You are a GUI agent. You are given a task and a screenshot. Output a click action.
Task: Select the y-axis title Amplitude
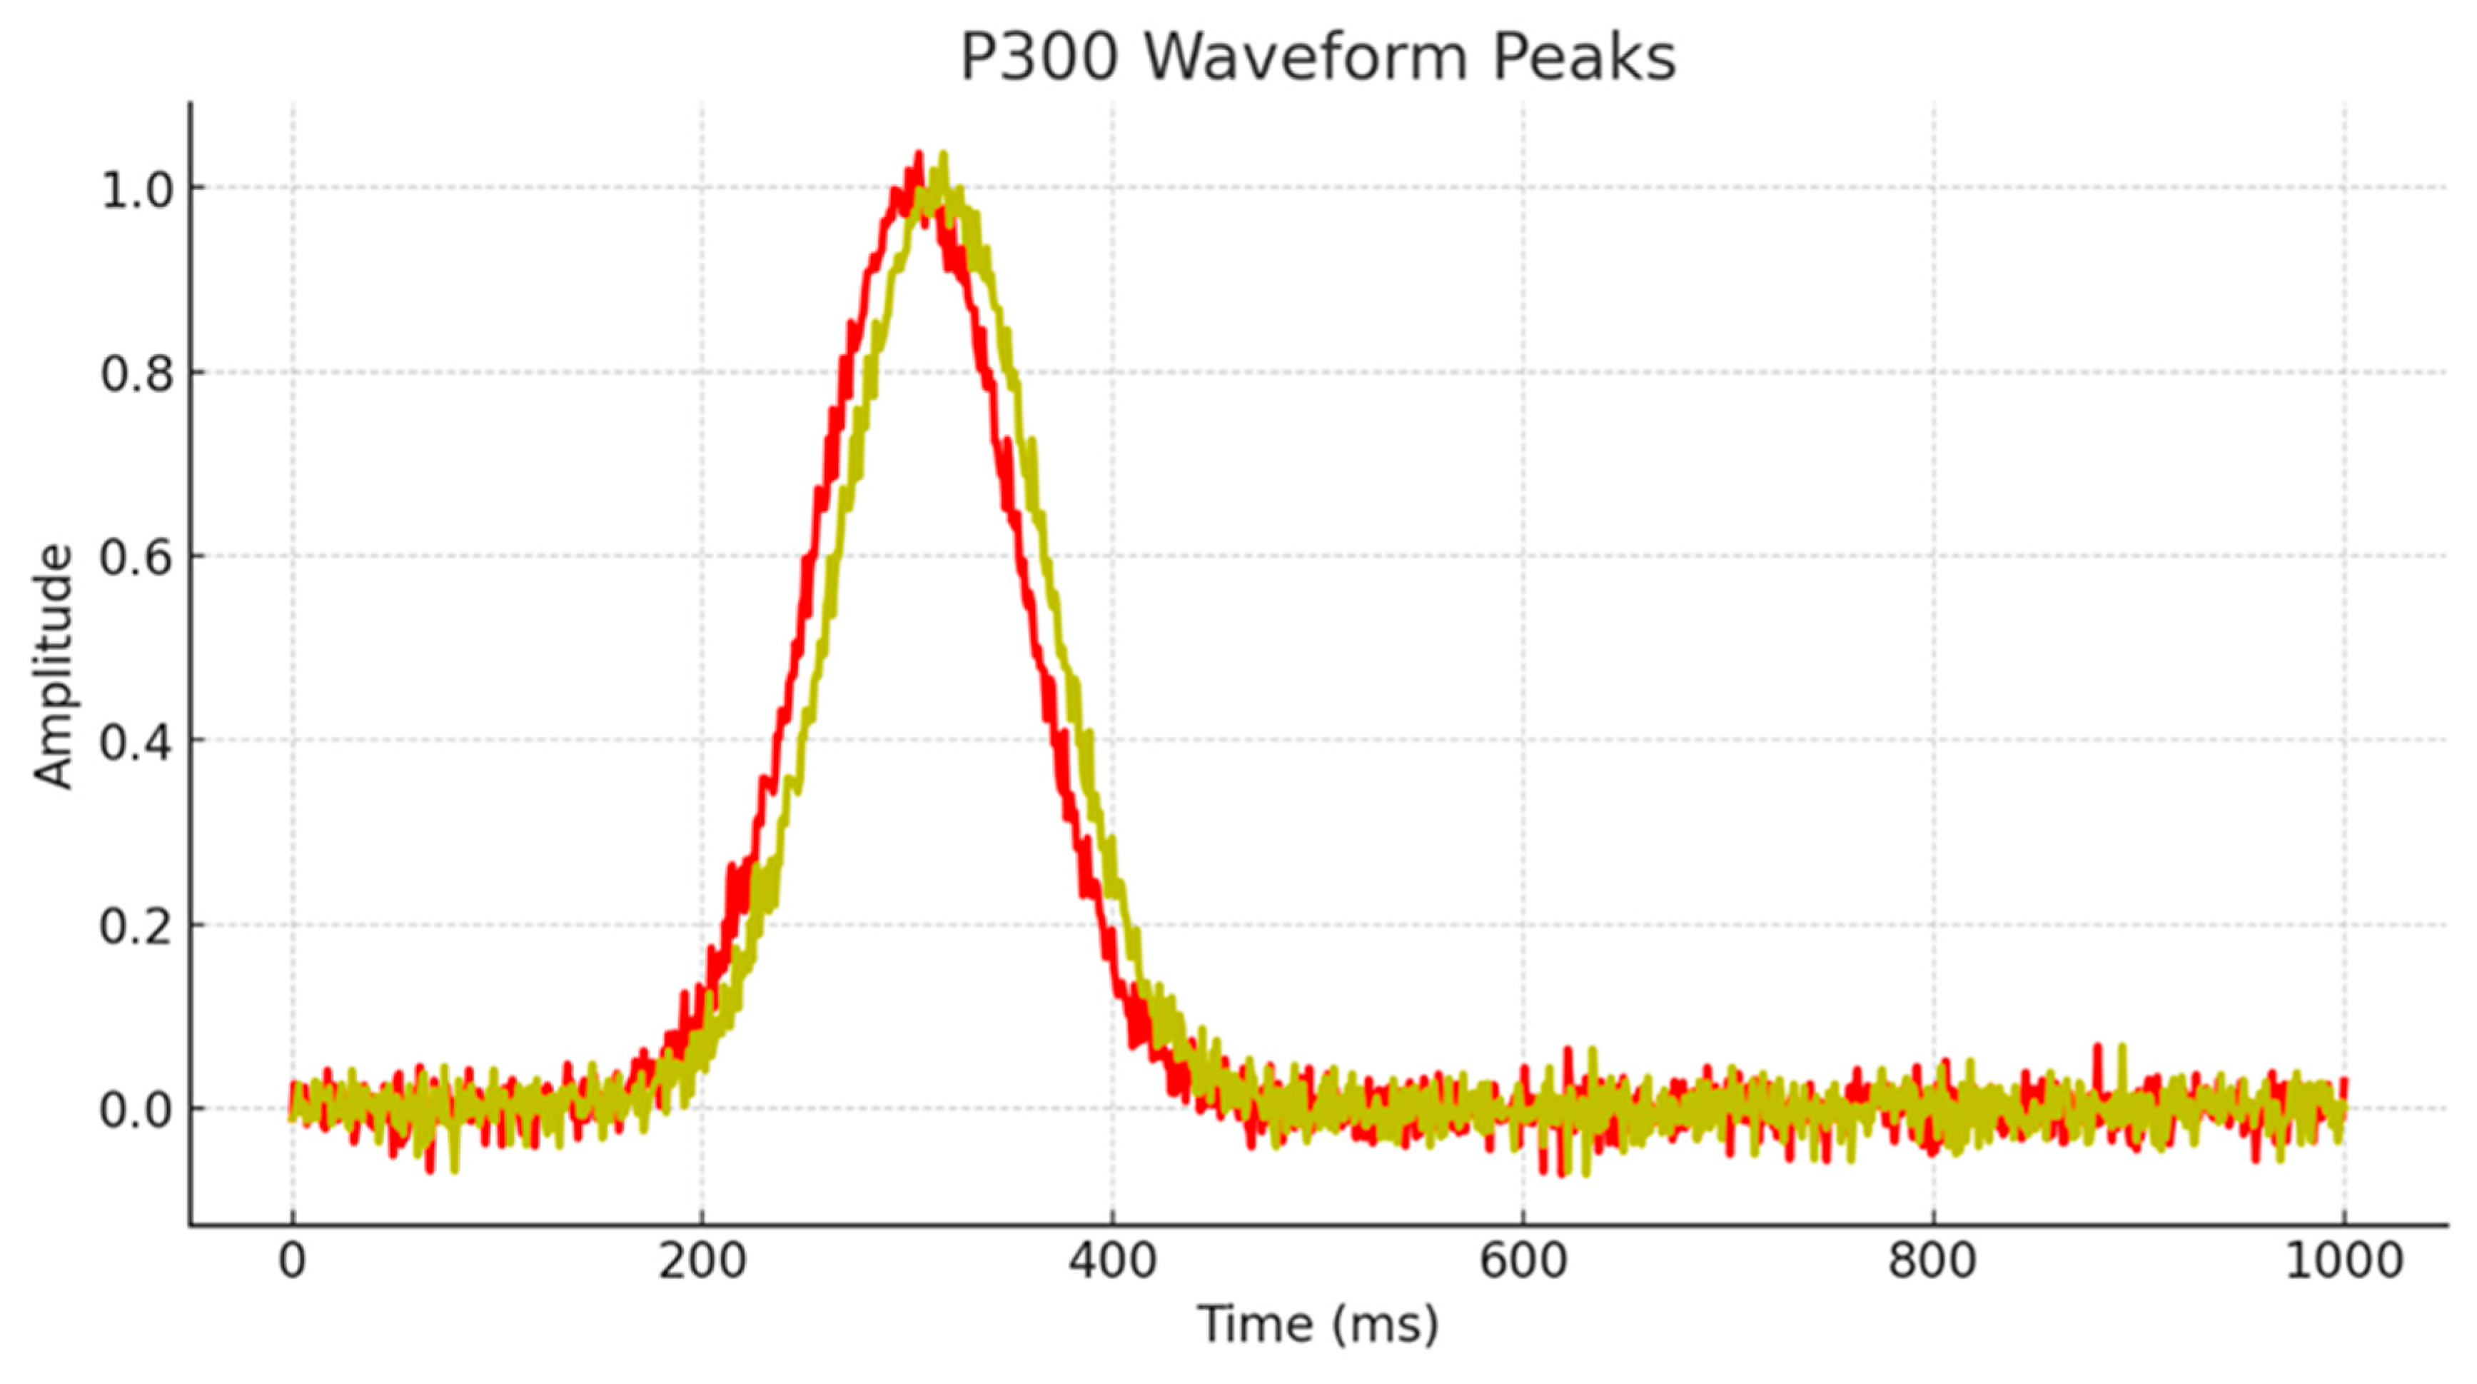point(54,666)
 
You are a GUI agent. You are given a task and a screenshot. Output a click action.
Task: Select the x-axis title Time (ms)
point(1317,1325)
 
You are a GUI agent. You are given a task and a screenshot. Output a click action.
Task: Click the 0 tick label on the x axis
point(293,1260)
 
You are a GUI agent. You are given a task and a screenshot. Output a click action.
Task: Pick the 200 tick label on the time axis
point(702,1260)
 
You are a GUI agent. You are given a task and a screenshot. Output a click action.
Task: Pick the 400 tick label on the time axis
point(1113,1260)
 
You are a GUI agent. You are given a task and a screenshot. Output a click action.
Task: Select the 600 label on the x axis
point(1523,1260)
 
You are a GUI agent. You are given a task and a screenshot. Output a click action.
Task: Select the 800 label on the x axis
point(1933,1260)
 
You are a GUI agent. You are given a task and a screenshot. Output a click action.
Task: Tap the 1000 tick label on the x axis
point(2344,1260)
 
